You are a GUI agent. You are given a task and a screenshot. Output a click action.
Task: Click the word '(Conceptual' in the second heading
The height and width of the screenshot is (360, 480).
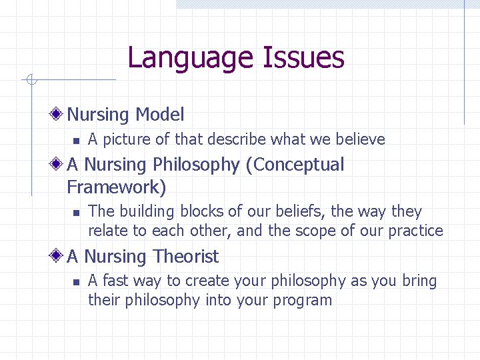(295, 165)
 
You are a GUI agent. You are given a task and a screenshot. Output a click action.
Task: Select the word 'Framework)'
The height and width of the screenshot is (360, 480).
(116, 186)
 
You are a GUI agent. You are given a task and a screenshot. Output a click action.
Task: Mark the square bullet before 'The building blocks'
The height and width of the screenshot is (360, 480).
(76, 213)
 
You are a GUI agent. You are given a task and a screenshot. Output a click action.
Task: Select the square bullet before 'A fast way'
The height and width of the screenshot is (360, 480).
(76, 282)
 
